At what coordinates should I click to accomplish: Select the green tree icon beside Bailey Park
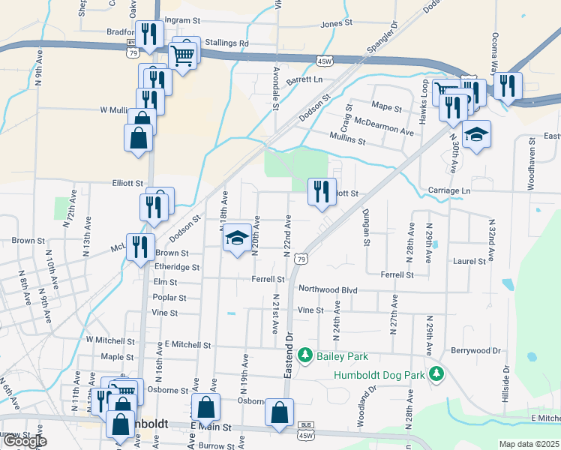(x=305, y=353)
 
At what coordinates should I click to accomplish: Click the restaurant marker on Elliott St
(x=322, y=191)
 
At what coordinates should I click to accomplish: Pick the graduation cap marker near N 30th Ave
(x=475, y=135)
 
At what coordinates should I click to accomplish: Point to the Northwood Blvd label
(x=328, y=289)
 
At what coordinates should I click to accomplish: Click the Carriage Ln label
(x=449, y=191)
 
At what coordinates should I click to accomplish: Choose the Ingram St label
(x=183, y=19)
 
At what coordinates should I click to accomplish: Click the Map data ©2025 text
(x=529, y=444)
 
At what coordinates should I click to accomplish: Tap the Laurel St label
(x=469, y=262)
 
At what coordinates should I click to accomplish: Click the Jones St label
(x=336, y=23)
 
